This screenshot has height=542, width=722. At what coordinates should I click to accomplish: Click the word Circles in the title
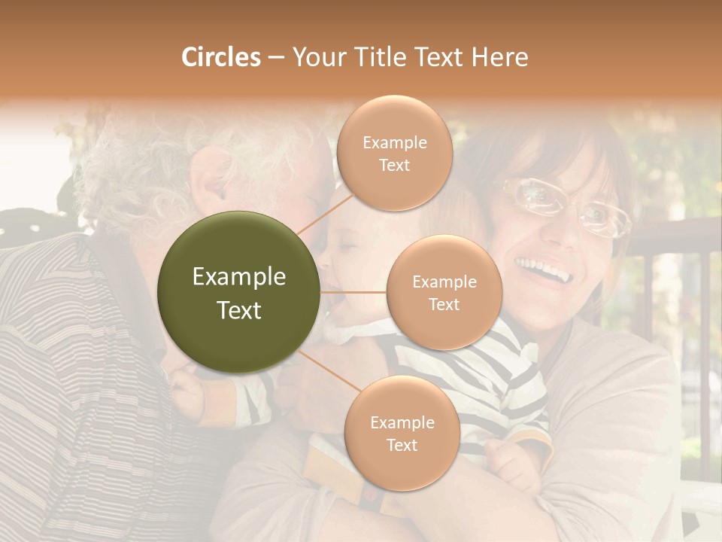point(220,57)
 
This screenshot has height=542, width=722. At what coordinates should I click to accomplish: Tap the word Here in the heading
point(499,57)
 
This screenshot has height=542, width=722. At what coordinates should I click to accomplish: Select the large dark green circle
point(238,292)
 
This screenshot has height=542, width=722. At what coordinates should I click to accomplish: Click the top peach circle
point(394,153)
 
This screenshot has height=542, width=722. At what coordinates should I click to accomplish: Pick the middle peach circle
point(444,292)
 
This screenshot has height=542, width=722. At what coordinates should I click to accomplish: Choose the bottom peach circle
point(402,433)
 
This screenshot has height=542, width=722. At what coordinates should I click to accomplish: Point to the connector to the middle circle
point(353,292)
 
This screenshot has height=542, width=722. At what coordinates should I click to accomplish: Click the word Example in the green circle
point(239,277)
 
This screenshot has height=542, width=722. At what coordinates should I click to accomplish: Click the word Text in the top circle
point(394,165)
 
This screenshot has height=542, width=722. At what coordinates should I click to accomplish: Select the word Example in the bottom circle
point(402,422)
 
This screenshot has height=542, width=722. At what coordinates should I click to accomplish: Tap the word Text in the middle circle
point(444,304)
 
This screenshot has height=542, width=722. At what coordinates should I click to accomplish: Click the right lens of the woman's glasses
point(605,218)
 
